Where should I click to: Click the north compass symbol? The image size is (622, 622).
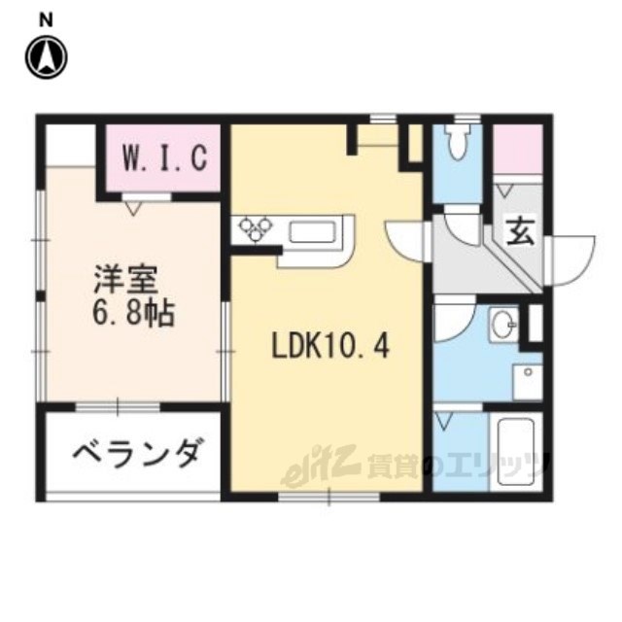click(47, 57)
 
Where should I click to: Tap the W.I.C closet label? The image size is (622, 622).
click(164, 157)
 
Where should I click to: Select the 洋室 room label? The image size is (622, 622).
click(126, 279)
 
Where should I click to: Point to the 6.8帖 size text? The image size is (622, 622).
click(133, 313)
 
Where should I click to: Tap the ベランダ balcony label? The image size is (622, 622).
click(136, 454)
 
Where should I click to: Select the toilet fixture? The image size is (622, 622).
click(458, 142)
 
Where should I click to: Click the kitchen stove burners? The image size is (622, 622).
click(256, 229)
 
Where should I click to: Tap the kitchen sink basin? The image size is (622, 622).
click(313, 232)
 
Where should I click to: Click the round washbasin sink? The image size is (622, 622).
click(504, 324)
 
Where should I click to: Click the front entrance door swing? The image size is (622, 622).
click(571, 260)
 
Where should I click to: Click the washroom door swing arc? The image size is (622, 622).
click(455, 318)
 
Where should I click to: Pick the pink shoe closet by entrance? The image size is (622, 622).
click(518, 149)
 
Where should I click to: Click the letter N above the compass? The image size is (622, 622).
click(47, 20)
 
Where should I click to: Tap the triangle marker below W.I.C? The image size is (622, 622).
click(133, 208)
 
